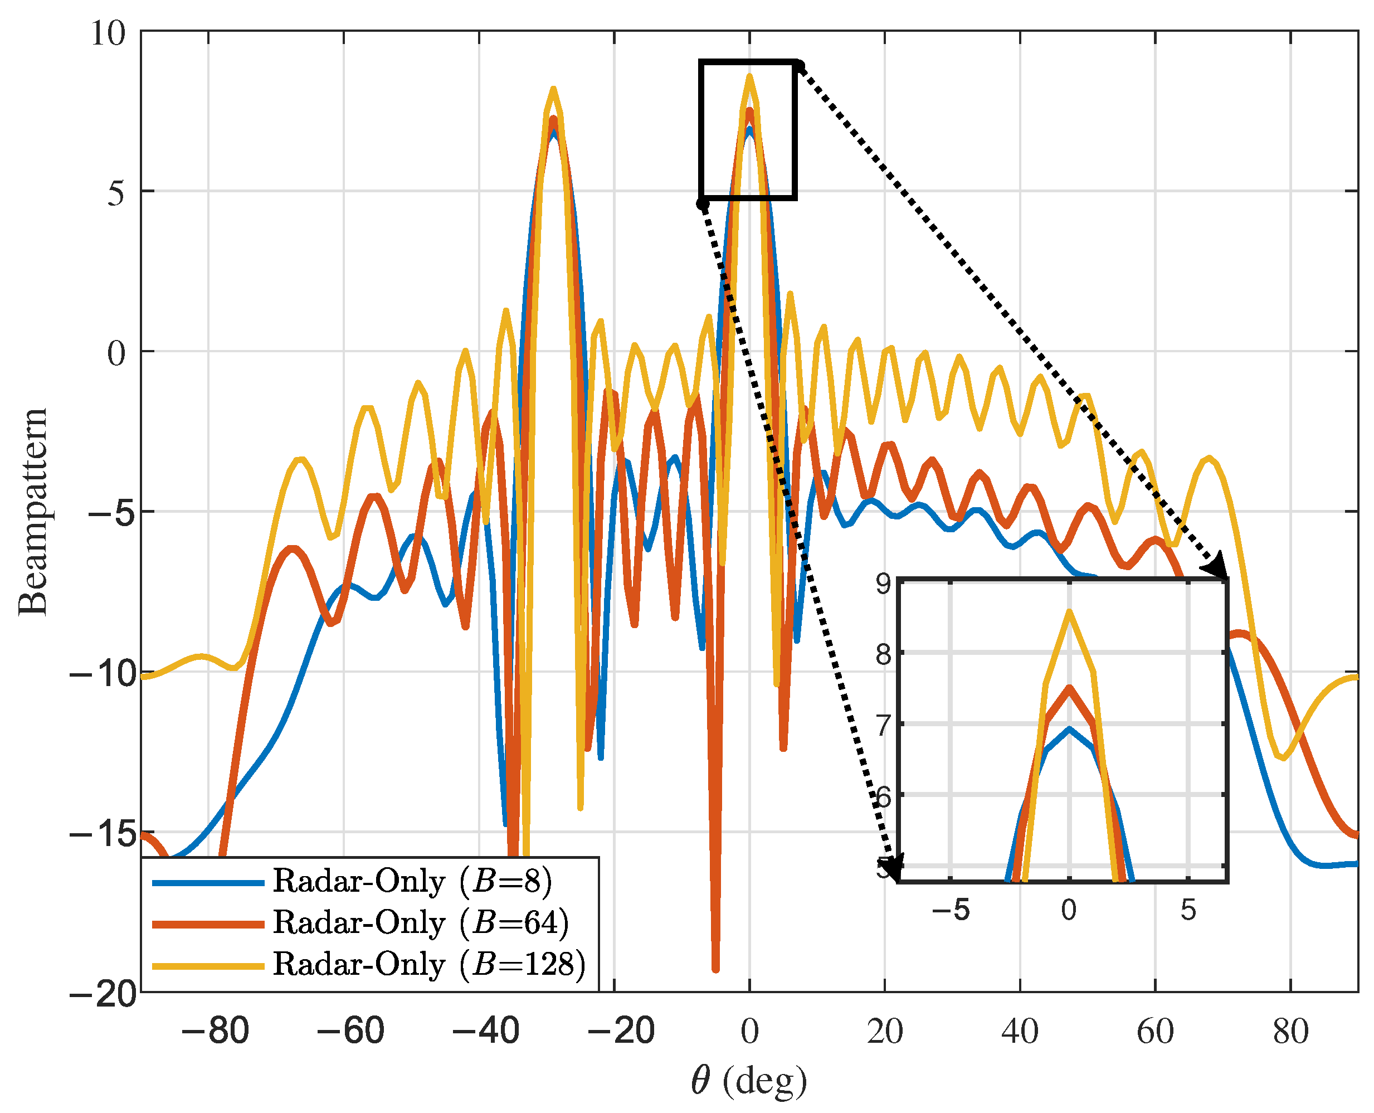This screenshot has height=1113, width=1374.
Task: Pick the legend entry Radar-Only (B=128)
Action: [x=428, y=964]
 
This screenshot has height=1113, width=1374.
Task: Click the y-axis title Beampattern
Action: [x=33, y=512]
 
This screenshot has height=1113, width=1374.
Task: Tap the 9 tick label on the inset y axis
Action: [x=884, y=584]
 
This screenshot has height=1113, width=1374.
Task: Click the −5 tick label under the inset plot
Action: [x=951, y=910]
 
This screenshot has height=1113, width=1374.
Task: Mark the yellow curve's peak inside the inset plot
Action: [x=1069, y=610]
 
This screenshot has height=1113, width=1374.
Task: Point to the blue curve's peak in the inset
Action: [x=1069, y=728]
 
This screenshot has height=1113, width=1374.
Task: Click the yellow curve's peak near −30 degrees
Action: [x=553, y=89]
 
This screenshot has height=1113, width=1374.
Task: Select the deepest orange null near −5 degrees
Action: [x=716, y=969]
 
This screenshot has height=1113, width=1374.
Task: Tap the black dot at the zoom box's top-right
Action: [x=799, y=64]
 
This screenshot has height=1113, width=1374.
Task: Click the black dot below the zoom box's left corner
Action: [x=703, y=204]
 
